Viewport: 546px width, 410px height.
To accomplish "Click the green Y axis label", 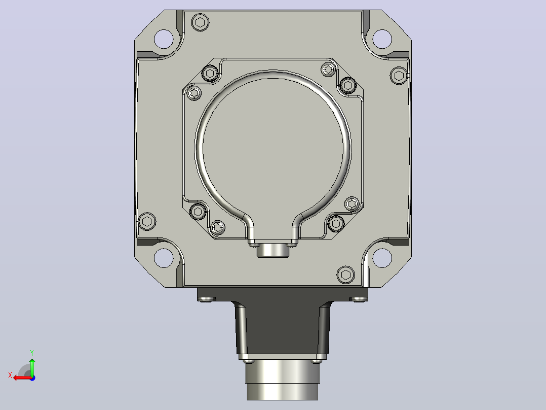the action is (x=32, y=353).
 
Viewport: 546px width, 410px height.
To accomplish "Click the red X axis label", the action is (x=10, y=375).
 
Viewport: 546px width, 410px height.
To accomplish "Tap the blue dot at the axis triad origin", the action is (x=32, y=378).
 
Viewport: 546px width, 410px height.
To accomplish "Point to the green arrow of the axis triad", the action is (x=32, y=367).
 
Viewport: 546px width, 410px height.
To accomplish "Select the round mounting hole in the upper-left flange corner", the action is (x=164, y=39).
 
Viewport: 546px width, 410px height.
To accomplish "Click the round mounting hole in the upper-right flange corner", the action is (x=382, y=39).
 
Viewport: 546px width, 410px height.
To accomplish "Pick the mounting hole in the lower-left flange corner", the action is (x=164, y=258).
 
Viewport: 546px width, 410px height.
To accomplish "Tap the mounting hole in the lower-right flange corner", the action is (x=382, y=258).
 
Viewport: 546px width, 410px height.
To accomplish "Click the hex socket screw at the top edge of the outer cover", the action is (x=200, y=23).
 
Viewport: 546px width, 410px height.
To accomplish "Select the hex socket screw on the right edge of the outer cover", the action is (x=399, y=76).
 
